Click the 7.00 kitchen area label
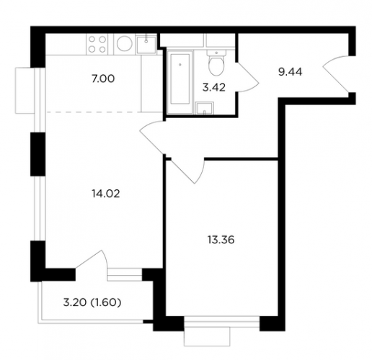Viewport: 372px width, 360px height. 103,79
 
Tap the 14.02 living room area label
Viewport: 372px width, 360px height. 106,194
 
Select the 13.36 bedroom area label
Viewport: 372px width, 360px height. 221,240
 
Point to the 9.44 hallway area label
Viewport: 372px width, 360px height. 290,72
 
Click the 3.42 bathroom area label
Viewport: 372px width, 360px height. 214,88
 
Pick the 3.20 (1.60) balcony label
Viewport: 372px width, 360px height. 92,302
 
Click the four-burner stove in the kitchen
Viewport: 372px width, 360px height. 97,44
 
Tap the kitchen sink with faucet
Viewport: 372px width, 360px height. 146,45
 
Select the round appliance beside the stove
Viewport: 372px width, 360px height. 125,44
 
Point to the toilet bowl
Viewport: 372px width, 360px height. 216,63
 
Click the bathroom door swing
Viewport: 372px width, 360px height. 247,77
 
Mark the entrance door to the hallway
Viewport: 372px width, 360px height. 335,73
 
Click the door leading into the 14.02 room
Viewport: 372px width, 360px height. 152,138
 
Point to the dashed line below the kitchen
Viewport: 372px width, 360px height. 94,112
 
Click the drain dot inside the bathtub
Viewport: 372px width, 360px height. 180,64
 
